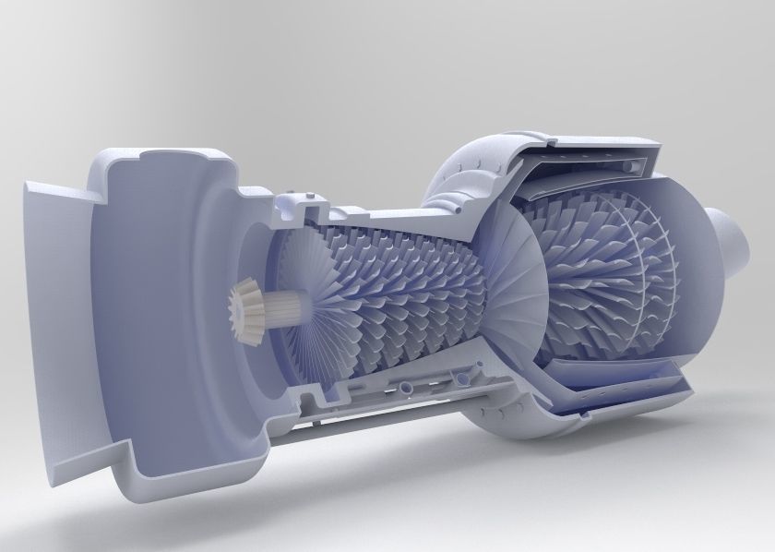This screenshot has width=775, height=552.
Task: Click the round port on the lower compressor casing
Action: [x=407, y=382]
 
